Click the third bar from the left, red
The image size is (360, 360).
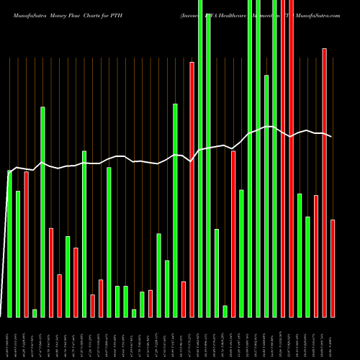coord(26,244)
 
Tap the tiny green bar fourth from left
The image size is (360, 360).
coord(35,313)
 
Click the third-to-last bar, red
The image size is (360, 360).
coord(316,256)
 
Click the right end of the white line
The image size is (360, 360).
coord(332,136)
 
